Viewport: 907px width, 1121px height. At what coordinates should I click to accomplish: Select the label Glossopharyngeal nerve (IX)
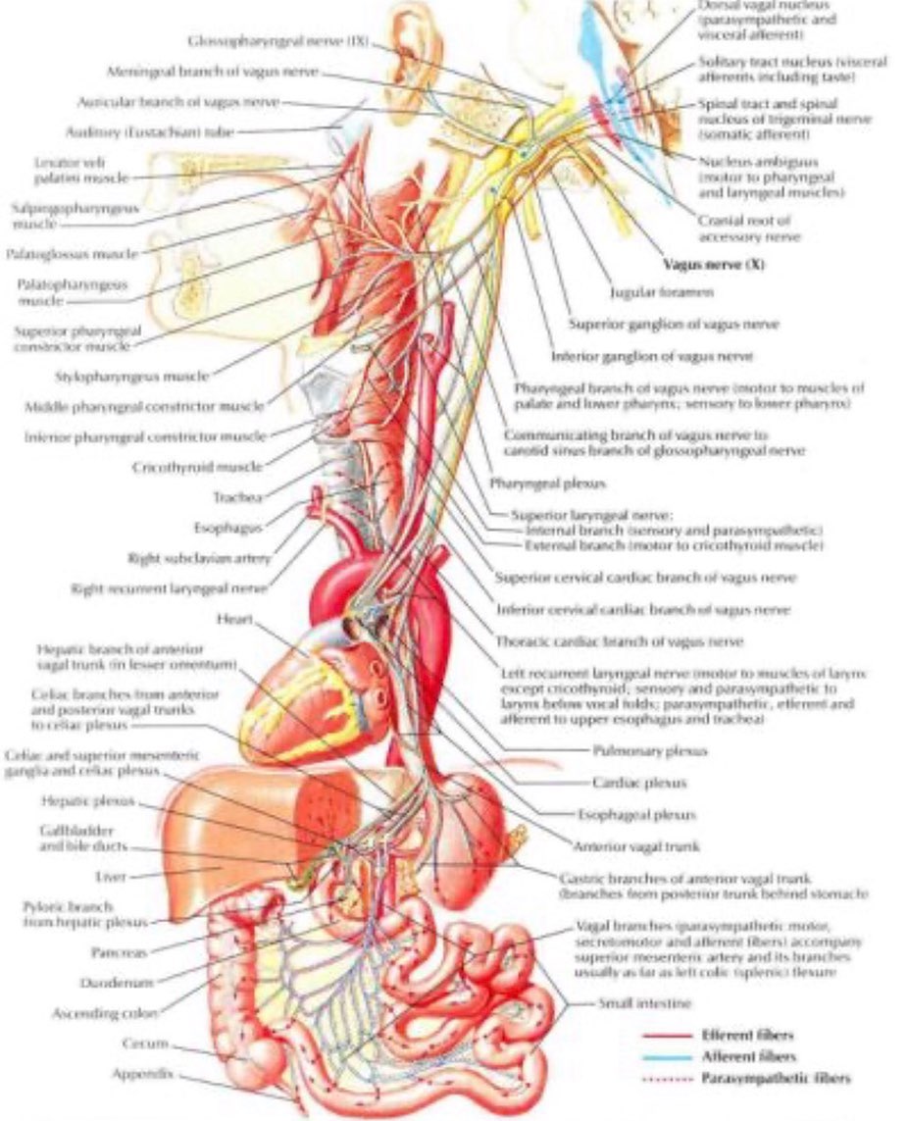click(x=279, y=41)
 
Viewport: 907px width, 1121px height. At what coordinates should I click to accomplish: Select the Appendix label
click(x=142, y=1074)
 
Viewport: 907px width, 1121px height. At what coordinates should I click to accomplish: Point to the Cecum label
click(x=150, y=1044)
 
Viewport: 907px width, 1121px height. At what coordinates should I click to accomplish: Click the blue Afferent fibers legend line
click(x=667, y=1057)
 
